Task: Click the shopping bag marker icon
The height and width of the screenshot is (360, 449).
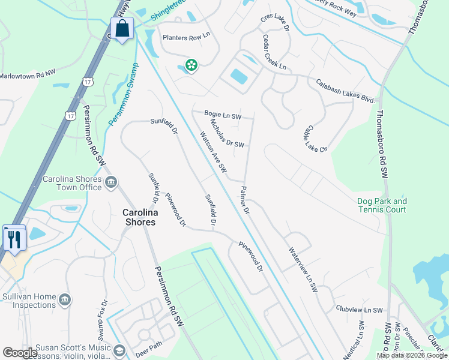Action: tap(122, 28)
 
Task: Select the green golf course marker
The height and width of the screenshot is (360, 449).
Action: tap(191, 65)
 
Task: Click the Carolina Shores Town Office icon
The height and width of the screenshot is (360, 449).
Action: tap(111, 183)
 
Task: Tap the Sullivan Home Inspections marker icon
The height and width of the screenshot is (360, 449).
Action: tap(66, 299)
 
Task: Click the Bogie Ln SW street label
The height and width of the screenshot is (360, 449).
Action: tap(222, 115)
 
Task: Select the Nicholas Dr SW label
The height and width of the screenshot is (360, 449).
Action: tap(227, 133)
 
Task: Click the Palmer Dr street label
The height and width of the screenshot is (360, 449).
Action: tap(244, 200)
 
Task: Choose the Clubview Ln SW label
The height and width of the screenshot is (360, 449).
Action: tap(359, 310)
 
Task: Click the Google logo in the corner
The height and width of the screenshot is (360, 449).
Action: tap(20, 353)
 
